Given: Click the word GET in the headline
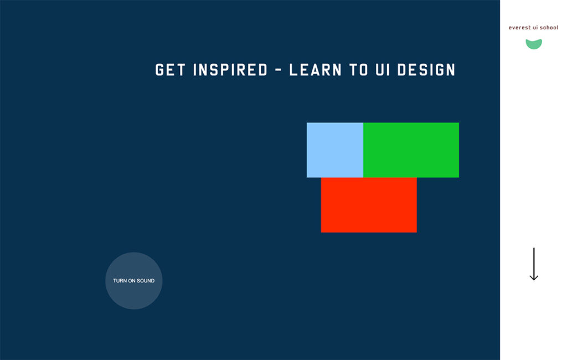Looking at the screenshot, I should pyautogui.click(x=171, y=70).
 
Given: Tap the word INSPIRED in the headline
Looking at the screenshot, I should pyautogui.click(x=230, y=70).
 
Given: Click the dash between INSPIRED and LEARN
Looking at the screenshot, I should pyautogui.click(x=278, y=70).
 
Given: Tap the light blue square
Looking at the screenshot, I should pyautogui.click(x=335, y=150).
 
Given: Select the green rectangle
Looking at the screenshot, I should pyautogui.click(x=411, y=150).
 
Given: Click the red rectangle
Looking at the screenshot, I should pyautogui.click(x=369, y=205).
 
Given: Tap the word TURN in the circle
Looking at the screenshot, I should pyautogui.click(x=120, y=281).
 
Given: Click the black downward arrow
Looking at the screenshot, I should pyautogui.click(x=534, y=264).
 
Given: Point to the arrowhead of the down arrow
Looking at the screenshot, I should pyautogui.click(x=534, y=277).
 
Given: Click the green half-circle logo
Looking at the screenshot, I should pyautogui.click(x=534, y=44).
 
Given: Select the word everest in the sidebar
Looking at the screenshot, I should pyautogui.click(x=519, y=28).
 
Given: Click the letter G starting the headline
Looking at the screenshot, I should pyautogui.click(x=159, y=70).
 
